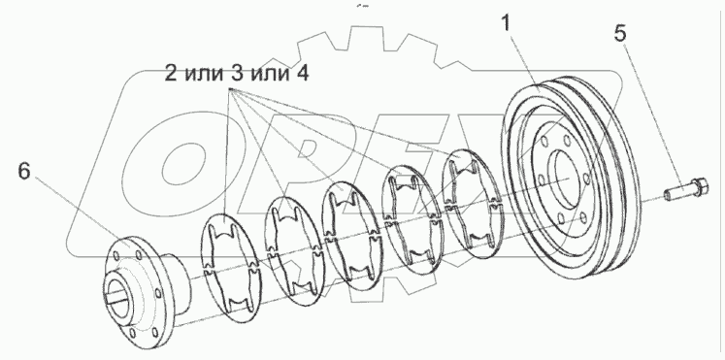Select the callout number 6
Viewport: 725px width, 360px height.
click(x=25, y=170)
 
